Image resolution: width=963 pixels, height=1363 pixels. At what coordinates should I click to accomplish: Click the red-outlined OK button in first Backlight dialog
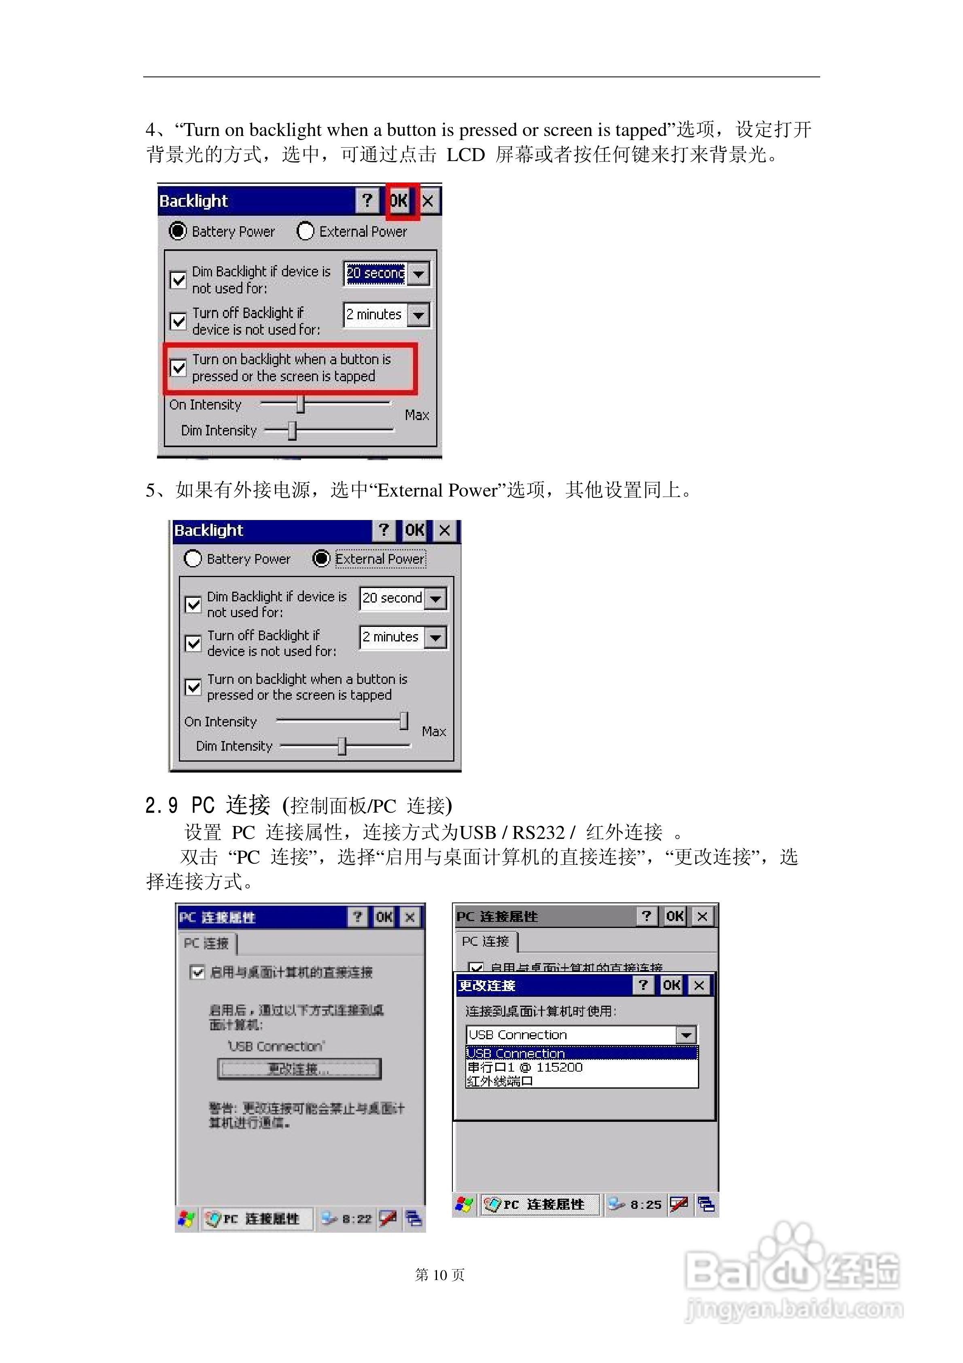tap(399, 201)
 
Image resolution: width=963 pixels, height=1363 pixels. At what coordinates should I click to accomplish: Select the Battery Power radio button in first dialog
tap(178, 231)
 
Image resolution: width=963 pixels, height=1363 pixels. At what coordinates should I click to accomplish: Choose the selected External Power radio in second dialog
tap(321, 558)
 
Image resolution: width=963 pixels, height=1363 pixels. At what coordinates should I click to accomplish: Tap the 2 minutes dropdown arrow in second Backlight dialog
tap(436, 637)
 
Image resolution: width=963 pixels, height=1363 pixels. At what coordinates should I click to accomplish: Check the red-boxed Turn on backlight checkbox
tap(178, 367)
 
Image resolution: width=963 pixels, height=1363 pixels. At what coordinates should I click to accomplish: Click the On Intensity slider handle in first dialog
tap(300, 404)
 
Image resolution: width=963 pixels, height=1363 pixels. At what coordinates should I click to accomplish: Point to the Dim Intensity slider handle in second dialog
tap(342, 746)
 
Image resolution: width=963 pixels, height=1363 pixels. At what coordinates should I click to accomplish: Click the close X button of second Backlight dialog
tap(445, 530)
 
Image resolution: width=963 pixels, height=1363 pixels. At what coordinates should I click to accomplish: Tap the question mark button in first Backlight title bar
tap(367, 201)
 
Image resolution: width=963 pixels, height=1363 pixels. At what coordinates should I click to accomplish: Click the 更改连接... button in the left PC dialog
tap(299, 1069)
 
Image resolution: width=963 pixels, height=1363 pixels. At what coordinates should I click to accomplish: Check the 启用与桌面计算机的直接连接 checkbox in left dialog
tap(197, 972)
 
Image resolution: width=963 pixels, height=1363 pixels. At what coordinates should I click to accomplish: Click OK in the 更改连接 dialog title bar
tap(672, 985)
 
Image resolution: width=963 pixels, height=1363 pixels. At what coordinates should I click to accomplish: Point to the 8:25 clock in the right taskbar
tap(645, 1204)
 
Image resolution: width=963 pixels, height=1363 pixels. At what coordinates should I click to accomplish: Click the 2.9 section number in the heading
tap(161, 806)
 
